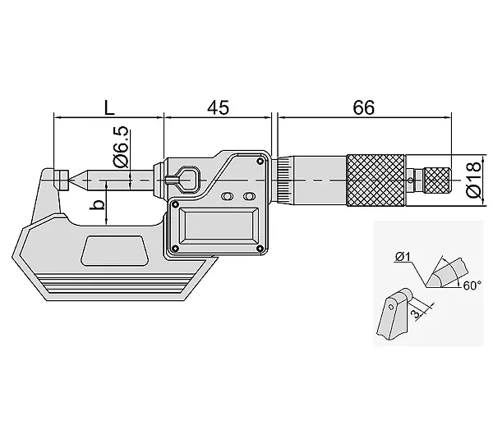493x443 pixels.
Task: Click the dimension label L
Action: click(109, 107)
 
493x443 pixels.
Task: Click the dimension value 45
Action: click(219, 107)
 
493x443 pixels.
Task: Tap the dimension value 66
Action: click(364, 107)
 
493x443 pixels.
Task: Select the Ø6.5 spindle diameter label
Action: click(121, 147)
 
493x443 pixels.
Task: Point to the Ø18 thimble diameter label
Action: click(474, 180)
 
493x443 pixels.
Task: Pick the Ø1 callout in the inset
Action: click(403, 257)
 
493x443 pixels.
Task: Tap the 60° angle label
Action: click(472, 285)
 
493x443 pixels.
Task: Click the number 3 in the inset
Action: click(417, 313)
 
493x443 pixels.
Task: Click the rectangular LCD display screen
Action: click(219, 225)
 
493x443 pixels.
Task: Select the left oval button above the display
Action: click(227, 197)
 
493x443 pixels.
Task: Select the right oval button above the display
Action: click(249, 197)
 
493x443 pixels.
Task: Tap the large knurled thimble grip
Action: click(376, 180)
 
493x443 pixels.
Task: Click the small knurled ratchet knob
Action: click(437, 180)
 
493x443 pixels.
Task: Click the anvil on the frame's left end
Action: click(61, 180)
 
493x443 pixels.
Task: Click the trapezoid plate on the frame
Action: click(115, 250)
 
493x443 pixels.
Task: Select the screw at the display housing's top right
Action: click(260, 162)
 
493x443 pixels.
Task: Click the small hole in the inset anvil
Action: click(391, 307)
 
